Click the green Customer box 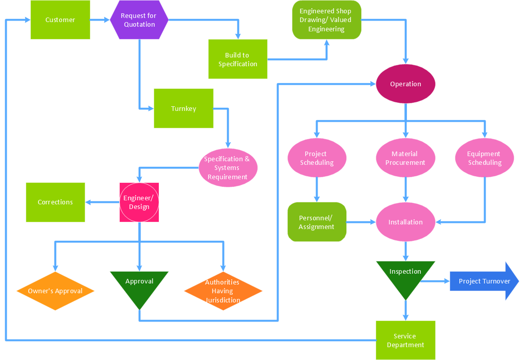(x=60, y=20)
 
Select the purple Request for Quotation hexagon (x=139, y=20)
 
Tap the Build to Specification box (x=237, y=59)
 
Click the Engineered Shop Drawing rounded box (x=326, y=20)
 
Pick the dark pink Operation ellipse (x=405, y=84)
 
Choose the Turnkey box (x=183, y=108)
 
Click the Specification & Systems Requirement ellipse (x=227, y=167)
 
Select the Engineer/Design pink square (x=139, y=202)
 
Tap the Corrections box (x=55, y=202)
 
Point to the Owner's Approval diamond (x=55, y=291)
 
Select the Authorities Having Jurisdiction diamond (x=222, y=291)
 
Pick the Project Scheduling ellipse (x=317, y=158)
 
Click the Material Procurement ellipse (x=405, y=158)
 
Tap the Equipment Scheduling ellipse (x=484, y=158)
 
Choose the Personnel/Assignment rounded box (x=317, y=222)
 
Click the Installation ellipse (x=405, y=222)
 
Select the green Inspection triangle (x=405, y=275)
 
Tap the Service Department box (x=405, y=340)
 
